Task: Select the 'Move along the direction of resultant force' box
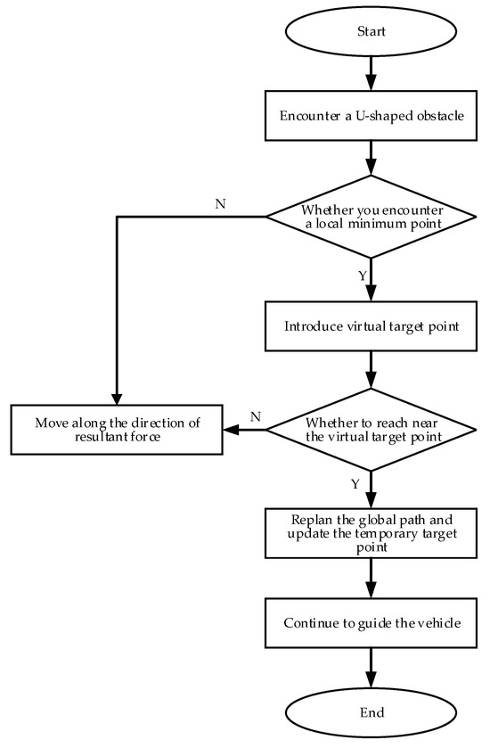click(116, 430)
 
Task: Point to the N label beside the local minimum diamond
click(219, 204)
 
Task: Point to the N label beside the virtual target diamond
click(255, 416)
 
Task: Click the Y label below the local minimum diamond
click(362, 275)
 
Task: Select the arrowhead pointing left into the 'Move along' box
click(230, 430)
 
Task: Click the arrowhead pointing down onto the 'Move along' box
click(117, 398)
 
